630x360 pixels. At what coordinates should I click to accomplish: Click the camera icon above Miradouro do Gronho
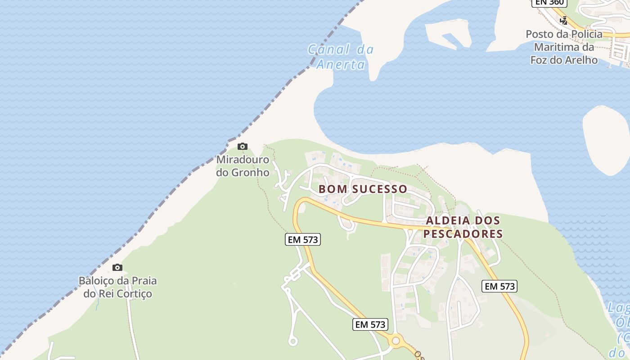242,146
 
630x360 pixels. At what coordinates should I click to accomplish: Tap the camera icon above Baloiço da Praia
117,267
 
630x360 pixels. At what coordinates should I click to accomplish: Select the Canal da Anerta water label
341,57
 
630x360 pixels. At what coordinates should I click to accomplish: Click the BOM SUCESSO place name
363,189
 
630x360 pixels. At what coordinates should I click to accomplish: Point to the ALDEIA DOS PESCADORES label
463,227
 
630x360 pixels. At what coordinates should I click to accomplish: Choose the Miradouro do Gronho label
243,166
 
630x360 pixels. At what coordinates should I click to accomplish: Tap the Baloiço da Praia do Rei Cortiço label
118,287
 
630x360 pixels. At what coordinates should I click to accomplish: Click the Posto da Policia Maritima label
564,47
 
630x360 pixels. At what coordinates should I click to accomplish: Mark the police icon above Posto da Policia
563,20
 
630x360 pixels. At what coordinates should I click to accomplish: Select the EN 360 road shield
549,2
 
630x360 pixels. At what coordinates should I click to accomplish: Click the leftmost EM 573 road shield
303,239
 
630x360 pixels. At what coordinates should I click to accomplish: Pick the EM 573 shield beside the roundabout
370,324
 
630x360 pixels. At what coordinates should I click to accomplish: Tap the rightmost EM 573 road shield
499,286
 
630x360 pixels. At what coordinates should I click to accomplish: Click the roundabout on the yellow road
396,341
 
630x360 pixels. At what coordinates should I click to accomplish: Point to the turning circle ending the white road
293,342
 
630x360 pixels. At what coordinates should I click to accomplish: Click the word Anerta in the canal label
341,64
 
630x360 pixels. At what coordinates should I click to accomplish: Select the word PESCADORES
463,234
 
